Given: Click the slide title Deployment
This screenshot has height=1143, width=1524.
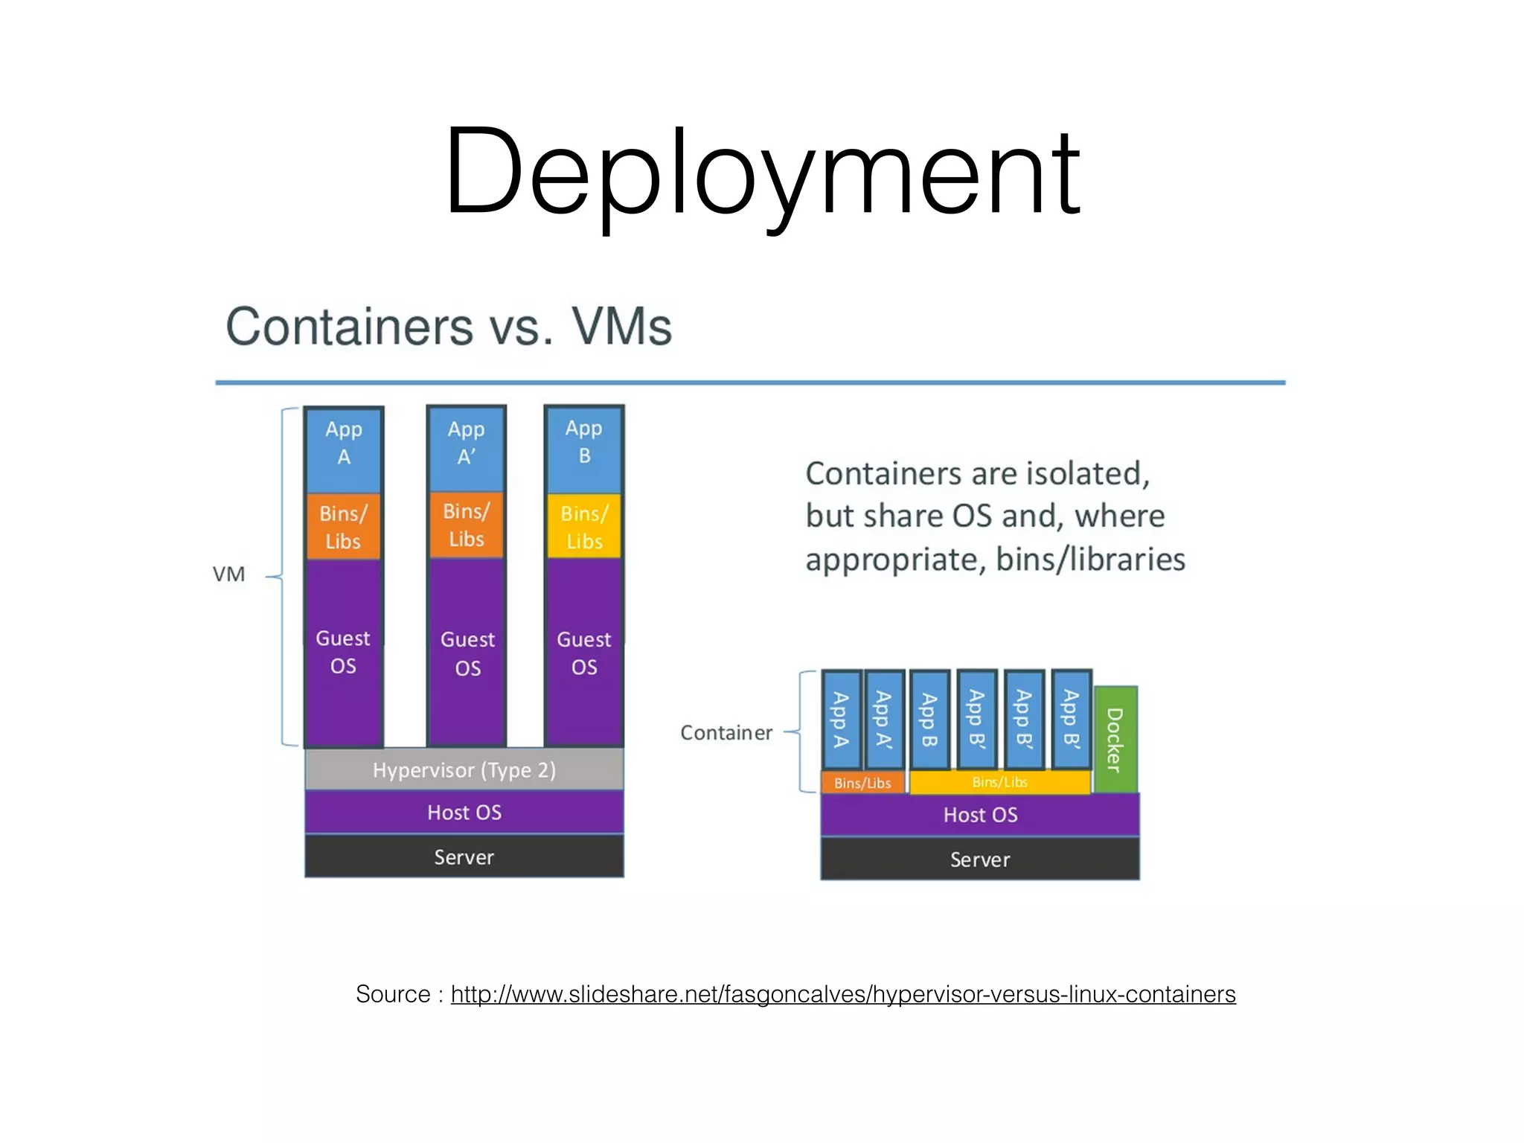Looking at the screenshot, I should pos(761,173).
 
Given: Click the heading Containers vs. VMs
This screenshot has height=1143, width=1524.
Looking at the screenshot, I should pos(449,327).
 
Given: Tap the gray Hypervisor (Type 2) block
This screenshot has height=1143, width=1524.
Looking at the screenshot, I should pos(464,769).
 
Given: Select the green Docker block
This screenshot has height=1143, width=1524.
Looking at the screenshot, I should pos(1115,739).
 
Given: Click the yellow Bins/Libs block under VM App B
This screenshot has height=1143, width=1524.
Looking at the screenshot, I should pos(584,527).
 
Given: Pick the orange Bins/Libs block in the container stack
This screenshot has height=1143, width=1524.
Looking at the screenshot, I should pos(862,783).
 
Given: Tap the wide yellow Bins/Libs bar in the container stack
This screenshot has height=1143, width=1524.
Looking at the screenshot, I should pos(999,782).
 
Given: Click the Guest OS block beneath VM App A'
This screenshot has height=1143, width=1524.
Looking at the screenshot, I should pos(467,653).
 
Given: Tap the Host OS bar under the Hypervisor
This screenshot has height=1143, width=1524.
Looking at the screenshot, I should pos(464,812).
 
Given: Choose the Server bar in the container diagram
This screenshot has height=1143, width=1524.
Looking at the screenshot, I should pos(979,859).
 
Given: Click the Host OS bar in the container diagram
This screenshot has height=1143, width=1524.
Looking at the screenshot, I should pos(979,815).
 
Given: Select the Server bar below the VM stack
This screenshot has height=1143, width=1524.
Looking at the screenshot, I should pos(464,857).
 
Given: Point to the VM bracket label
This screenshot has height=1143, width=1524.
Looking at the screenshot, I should pos(228,574).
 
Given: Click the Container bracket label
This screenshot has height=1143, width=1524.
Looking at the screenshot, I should pos(726,733).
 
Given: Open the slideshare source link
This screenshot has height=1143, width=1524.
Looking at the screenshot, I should pos(842,994).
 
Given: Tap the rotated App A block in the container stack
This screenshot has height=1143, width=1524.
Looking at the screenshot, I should pos(842,720).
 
